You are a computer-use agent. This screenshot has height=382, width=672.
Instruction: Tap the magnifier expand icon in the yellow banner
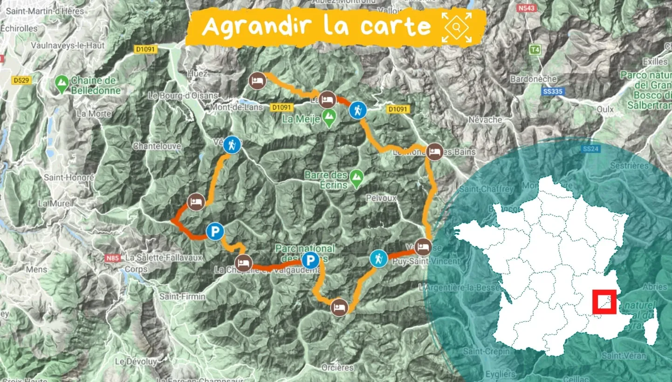[457, 27]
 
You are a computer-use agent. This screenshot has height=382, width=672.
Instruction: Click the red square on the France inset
[604, 301]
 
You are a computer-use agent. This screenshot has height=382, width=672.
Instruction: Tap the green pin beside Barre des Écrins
[357, 178]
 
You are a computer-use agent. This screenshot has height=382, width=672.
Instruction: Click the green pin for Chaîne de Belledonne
[61, 84]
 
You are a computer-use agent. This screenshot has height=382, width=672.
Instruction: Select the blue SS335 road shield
[553, 92]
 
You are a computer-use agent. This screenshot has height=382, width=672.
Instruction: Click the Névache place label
[486, 120]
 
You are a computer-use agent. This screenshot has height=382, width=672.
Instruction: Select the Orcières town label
[337, 368]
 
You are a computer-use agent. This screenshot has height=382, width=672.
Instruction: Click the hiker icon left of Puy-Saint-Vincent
[378, 258]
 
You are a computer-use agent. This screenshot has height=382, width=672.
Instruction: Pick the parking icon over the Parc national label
[310, 261]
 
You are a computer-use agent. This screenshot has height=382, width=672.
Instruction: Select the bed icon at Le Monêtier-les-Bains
[434, 152]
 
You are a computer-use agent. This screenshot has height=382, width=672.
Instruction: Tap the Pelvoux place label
[381, 198]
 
